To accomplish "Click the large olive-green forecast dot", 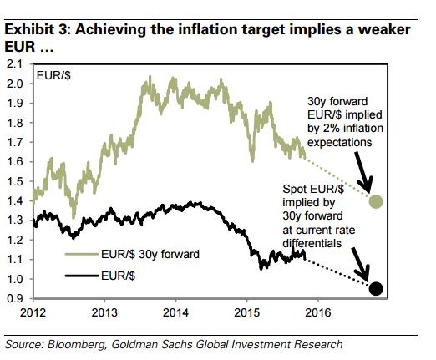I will [376, 201].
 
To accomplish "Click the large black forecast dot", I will [376, 289].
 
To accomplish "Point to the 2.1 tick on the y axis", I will [14, 63].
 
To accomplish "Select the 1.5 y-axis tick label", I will [14, 181].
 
